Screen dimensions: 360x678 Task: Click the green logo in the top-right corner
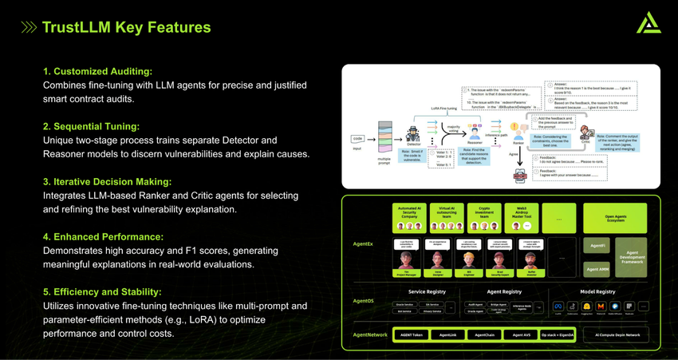coord(648,23)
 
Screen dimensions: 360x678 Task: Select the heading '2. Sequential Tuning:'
coord(91,126)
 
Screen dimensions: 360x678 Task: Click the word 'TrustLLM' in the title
coord(77,27)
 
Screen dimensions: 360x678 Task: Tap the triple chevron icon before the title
coord(29,28)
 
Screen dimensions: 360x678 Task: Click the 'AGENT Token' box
coord(412,334)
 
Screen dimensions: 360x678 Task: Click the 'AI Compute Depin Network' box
coord(616,334)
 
